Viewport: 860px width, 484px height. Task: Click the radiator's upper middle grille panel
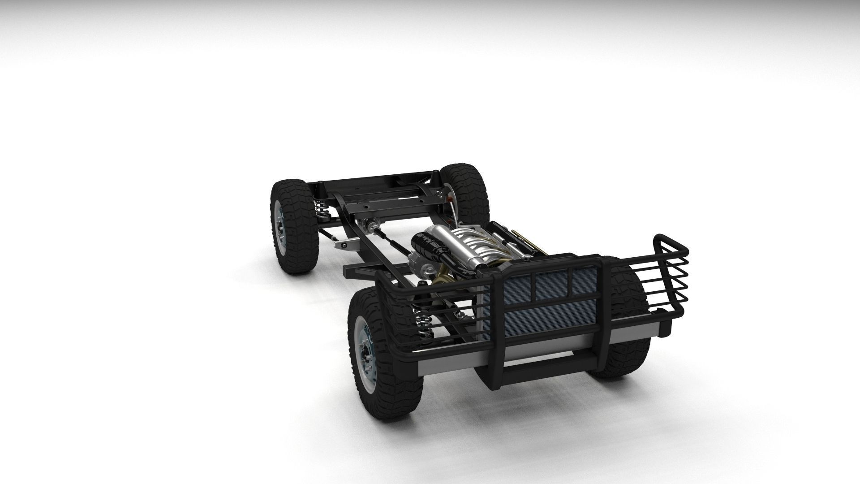coord(551,285)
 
